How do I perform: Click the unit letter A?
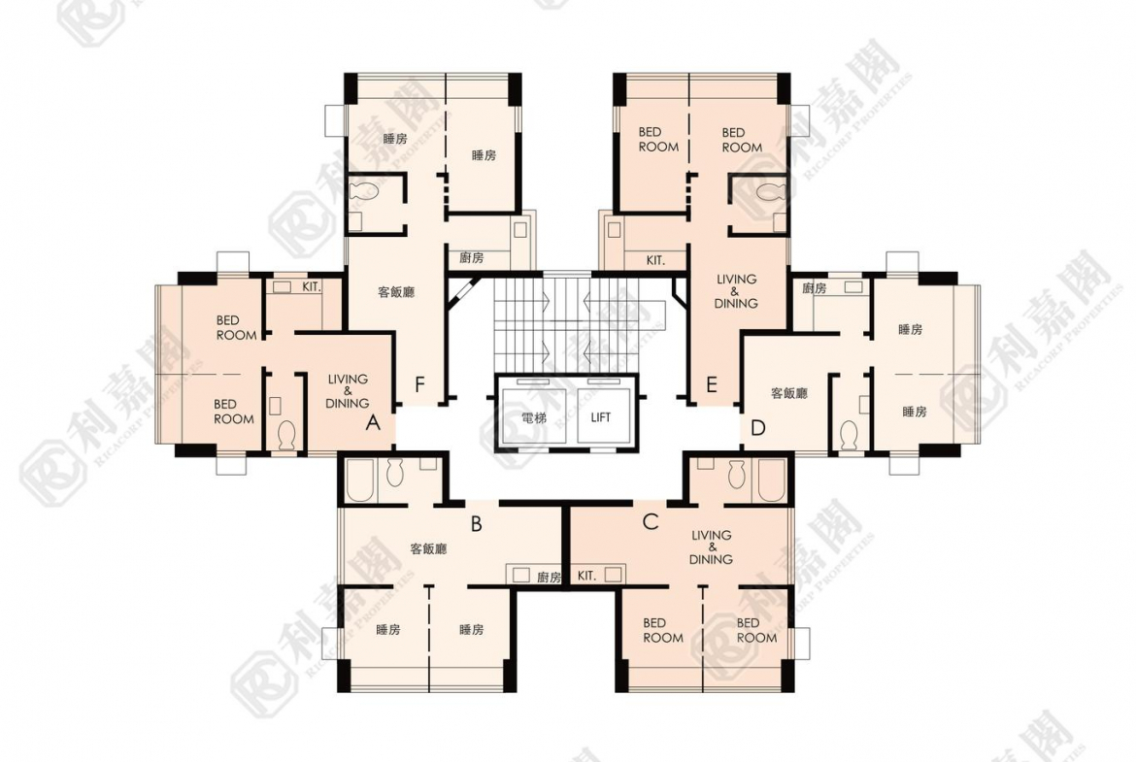tap(373, 422)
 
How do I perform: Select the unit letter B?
tap(476, 523)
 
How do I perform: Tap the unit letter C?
tap(651, 521)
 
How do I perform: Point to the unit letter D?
tap(757, 428)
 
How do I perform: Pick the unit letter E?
tap(712, 384)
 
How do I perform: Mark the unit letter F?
tap(419, 384)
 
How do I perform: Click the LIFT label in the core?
tap(601, 417)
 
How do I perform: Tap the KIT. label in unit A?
tap(312, 286)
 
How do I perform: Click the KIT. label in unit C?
tap(586, 576)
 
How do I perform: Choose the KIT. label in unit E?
tap(655, 260)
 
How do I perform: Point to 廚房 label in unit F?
tap(472, 257)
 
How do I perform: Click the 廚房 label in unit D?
tap(815, 288)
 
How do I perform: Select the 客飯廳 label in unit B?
tap(428, 549)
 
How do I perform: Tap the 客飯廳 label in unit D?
tap(789, 393)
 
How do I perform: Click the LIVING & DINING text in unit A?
tap(348, 391)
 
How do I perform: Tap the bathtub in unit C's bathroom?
tap(772, 480)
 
